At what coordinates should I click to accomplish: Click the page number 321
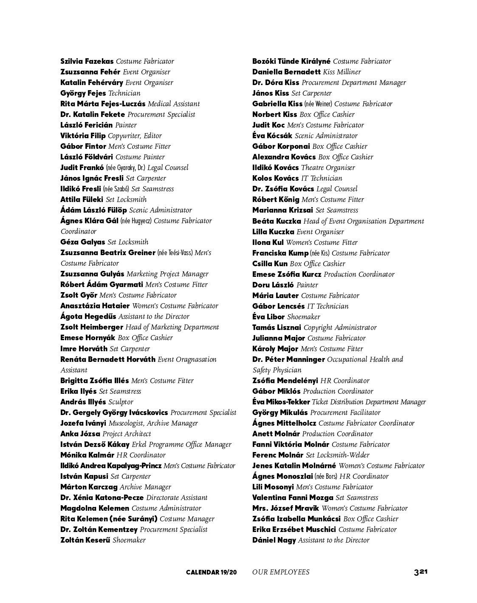tap(420, 572)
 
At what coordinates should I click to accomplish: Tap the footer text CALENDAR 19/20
tap(211, 572)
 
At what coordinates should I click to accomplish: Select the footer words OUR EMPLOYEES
tap(280, 572)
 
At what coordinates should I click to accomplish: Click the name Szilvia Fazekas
tap(87, 61)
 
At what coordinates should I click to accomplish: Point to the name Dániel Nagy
tap(274, 540)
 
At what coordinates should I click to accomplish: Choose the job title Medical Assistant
tap(174, 104)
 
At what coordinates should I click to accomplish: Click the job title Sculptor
tap(121, 402)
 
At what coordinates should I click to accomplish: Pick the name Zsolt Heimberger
tap(92, 327)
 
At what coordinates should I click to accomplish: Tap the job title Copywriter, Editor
tap(135, 136)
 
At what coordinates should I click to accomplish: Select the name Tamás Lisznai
tap(277, 327)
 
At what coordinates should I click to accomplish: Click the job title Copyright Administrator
tap(340, 327)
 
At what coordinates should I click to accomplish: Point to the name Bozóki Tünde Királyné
tap(291, 61)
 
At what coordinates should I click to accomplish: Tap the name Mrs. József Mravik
tap(285, 508)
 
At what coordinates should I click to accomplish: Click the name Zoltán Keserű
tap(85, 540)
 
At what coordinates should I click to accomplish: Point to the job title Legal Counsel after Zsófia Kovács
tap(337, 189)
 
